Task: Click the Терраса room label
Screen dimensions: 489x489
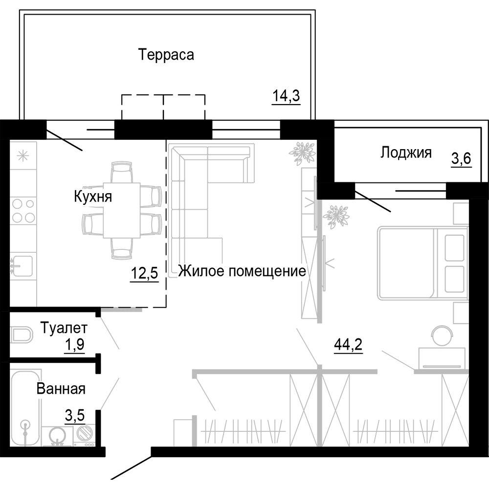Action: coord(166,54)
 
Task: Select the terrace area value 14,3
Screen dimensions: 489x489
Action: coord(286,96)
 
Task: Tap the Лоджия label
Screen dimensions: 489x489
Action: coord(406,153)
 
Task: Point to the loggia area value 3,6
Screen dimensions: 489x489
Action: coord(461,158)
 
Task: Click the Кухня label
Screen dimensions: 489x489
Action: coord(93,197)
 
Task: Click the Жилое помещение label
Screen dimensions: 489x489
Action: coord(242,270)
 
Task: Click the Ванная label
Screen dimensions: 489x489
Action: coord(61,389)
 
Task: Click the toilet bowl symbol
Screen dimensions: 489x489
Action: coord(21,335)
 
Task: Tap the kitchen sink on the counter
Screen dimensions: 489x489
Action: coord(22,267)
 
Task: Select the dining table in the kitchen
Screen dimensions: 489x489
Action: coord(122,210)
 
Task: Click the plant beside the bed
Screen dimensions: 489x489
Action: coord(336,216)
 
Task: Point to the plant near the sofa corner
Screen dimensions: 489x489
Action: coord(302,152)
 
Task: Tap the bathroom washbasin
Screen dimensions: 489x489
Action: coord(57,435)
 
